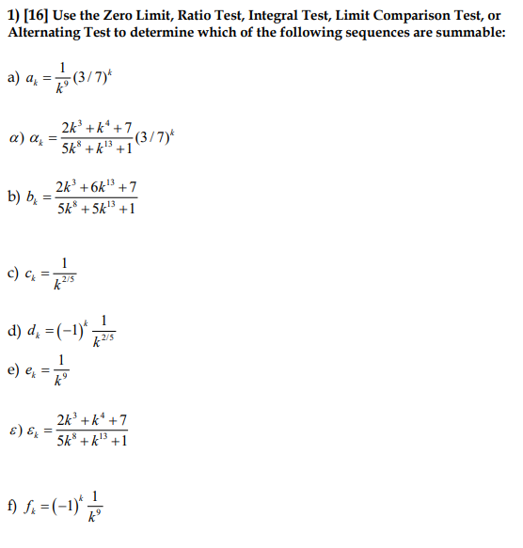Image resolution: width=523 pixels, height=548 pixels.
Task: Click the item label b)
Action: coord(14,197)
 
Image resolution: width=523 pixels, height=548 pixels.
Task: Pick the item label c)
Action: coord(14,273)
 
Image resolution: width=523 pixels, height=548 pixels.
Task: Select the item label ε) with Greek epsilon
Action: coord(14,429)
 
